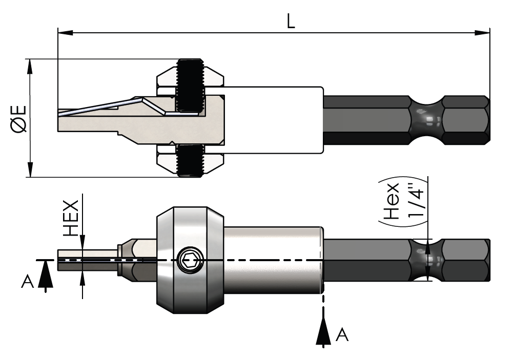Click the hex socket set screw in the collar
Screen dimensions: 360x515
[x=190, y=261]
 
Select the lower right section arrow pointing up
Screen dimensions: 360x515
[x=323, y=330]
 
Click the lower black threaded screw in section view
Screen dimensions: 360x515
[x=190, y=159]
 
